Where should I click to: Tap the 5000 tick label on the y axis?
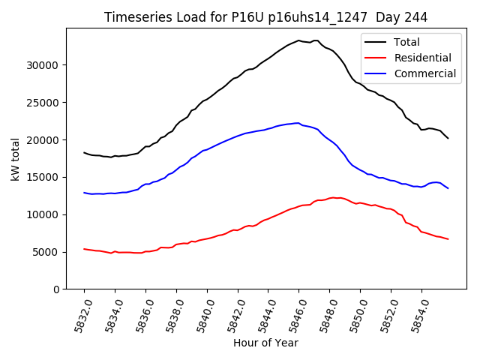tap(46, 252)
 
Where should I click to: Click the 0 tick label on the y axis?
tap(56, 289)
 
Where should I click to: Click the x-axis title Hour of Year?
tap(265, 343)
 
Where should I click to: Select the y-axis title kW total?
tap(16, 159)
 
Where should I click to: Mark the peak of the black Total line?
tap(298, 40)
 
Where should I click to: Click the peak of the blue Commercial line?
tap(298, 123)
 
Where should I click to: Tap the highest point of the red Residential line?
tap(333, 197)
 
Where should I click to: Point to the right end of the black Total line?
tap(448, 138)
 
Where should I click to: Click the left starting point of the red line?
tap(84, 249)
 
